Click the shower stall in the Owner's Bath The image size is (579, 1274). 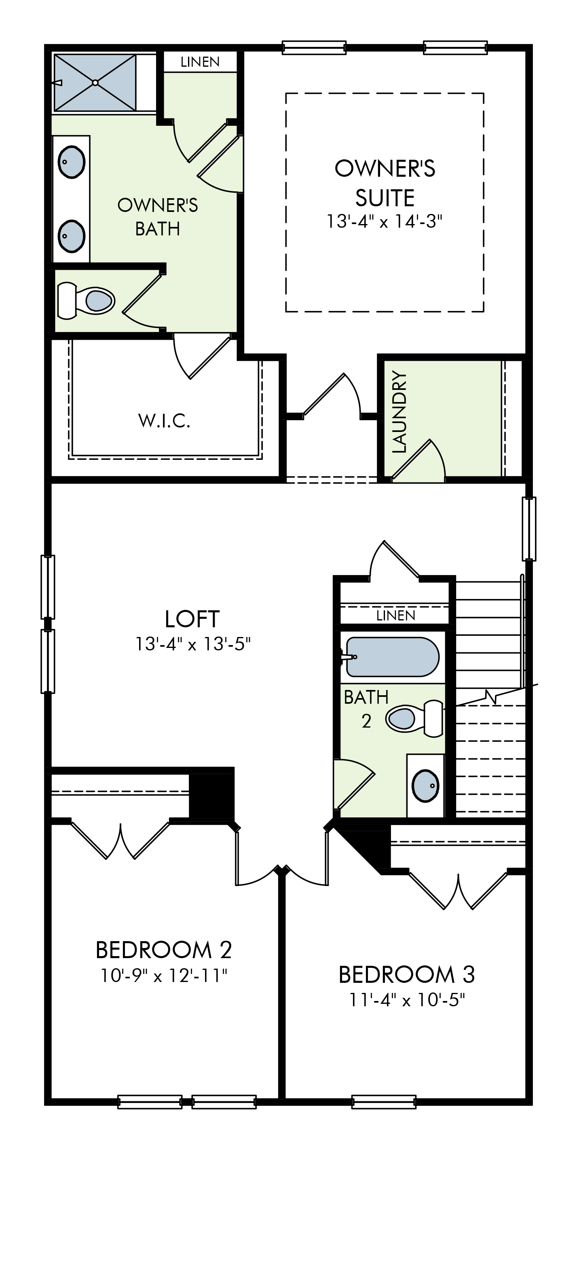[95, 83]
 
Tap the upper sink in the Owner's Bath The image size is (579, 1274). [72, 162]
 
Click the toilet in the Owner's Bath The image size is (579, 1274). [86, 300]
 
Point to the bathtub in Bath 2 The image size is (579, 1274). [393, 657]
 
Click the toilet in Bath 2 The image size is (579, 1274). [414, 718]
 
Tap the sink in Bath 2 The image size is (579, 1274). [425, 786]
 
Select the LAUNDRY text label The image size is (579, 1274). [399, 412]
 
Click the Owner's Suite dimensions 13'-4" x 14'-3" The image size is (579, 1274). [384, 221]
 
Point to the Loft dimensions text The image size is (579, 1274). [193, 644]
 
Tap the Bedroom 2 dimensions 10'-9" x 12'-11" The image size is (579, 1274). [164, 976]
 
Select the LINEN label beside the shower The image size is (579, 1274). [200, 62]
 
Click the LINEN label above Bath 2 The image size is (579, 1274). [395, 615]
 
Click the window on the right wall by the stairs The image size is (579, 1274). [530, 529]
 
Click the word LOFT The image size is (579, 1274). [192, 619]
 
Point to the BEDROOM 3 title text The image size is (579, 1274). [407, 974]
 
